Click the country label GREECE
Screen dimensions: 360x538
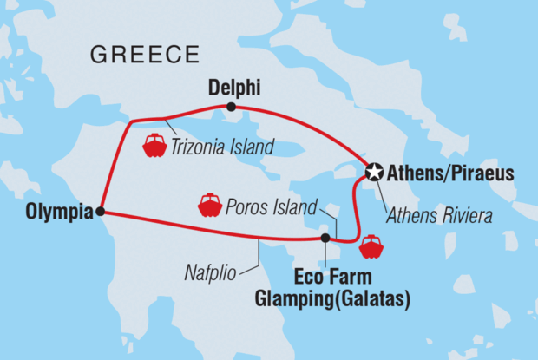point(143,56)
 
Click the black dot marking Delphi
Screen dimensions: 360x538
point(231,107)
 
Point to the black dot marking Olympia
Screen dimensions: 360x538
point(101,211)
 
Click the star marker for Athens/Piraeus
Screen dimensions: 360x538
point(374,173)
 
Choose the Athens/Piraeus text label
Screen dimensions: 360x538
point(450,173)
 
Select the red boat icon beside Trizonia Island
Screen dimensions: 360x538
point(154,145)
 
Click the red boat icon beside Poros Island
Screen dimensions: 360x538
point(210,206)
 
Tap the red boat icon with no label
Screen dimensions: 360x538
point(371,246)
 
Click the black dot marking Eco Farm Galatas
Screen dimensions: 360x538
point(325,238)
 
